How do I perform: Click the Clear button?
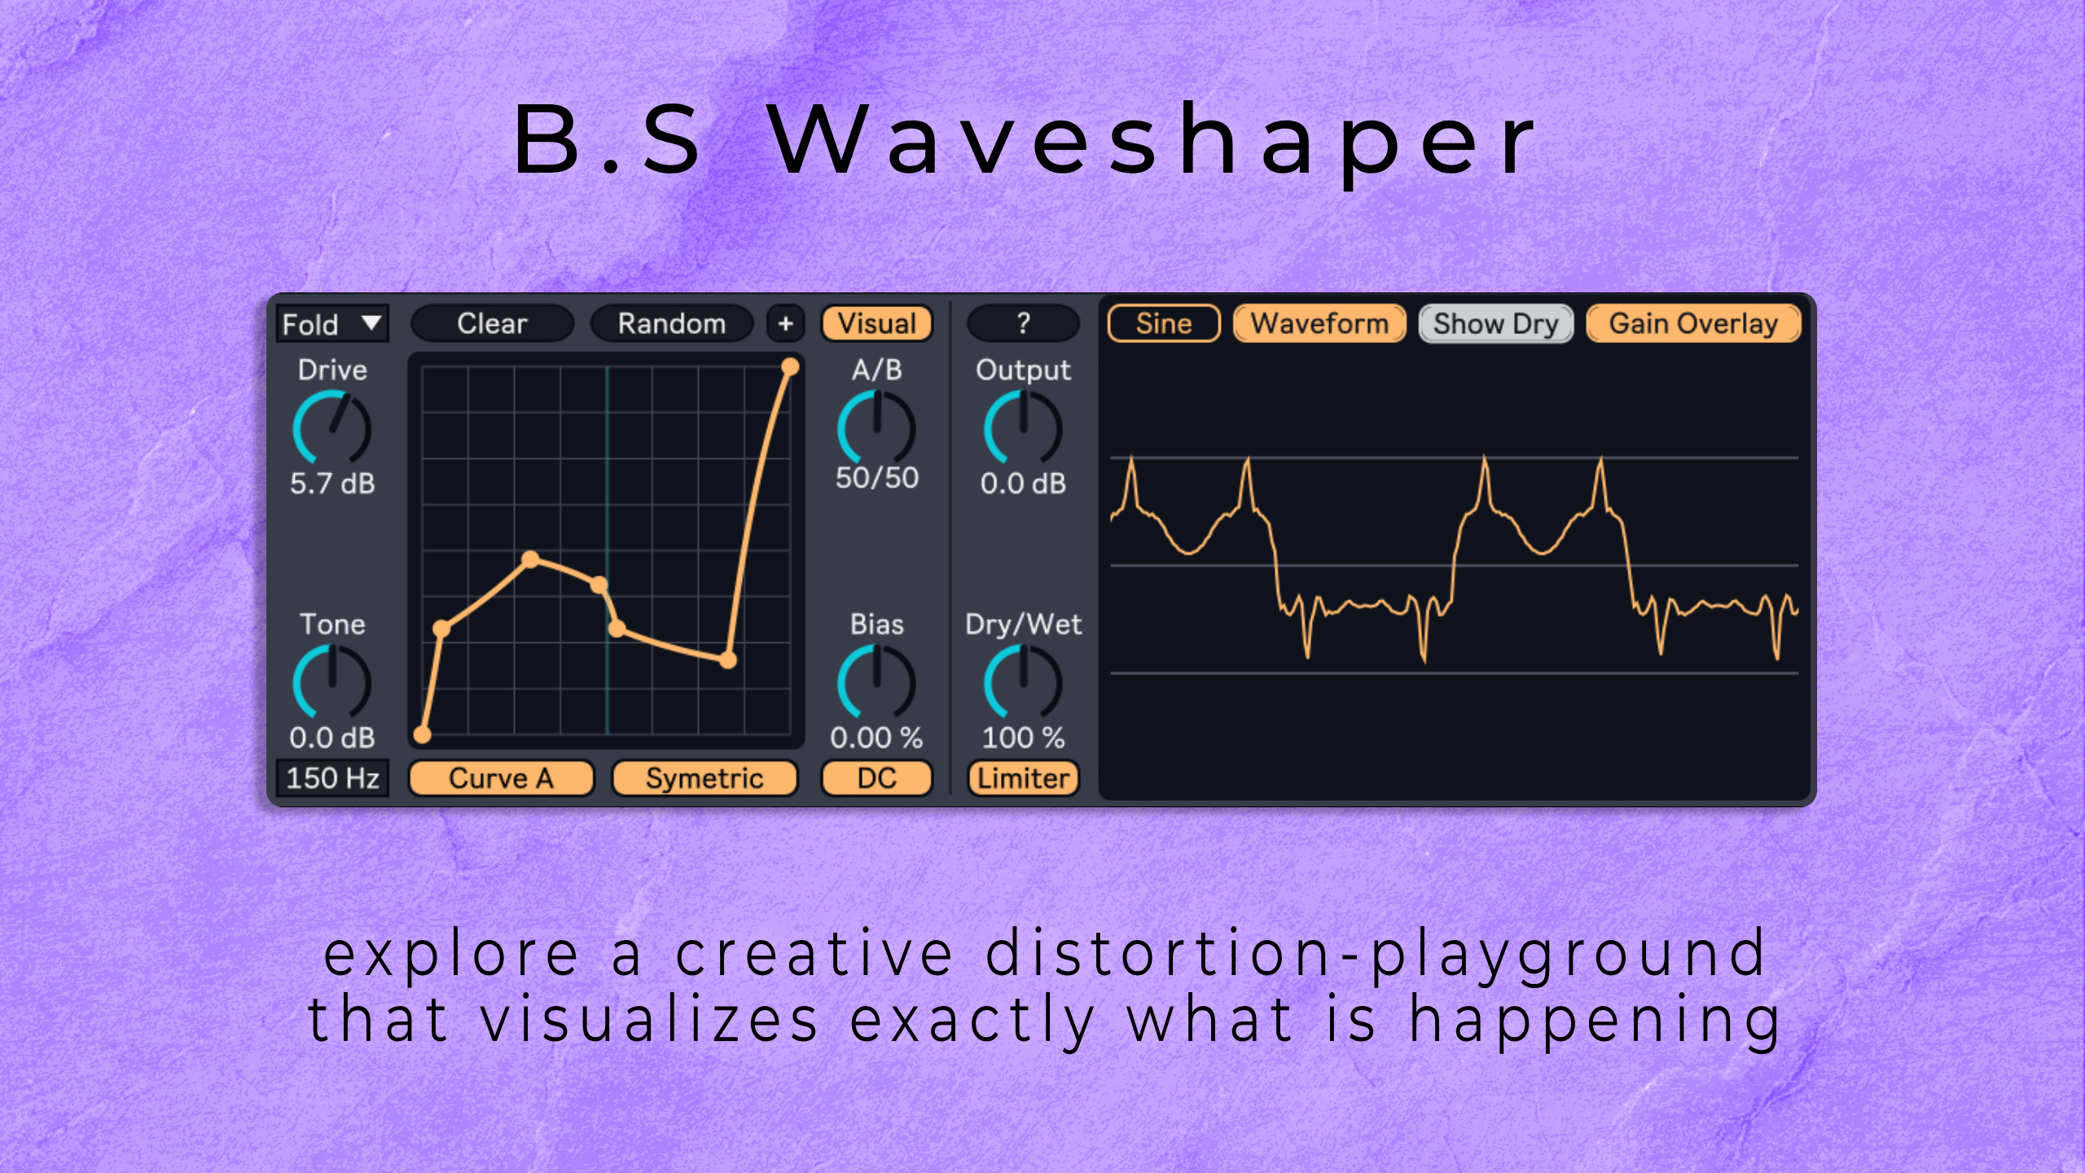(492, 323)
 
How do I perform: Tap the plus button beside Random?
(785, 323)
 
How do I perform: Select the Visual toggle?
(876, 323)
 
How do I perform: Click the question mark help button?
(1023, 323)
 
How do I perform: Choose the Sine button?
(1164, 323)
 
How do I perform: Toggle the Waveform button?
(1319, 323)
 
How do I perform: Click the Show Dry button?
(1495, 323)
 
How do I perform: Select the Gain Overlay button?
(1693, 323)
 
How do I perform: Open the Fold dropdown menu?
(331, 323)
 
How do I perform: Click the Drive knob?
(332, 428)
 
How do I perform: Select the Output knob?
(1023, 428)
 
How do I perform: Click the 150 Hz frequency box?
(331, 778)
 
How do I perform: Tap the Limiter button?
(1023, 778)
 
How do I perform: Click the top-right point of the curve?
(789, 367)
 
